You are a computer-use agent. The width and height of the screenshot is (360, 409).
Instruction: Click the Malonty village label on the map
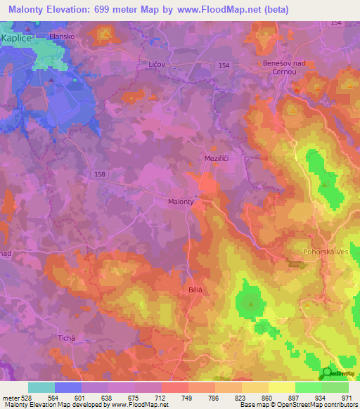181,202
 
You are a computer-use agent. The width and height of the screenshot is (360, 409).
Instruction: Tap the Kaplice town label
17,39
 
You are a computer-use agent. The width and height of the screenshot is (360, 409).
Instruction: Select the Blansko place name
62,35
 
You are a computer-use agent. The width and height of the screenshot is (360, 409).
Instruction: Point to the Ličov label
157,65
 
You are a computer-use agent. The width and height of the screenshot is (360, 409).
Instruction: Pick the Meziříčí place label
216,159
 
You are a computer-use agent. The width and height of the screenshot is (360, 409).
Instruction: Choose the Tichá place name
66,339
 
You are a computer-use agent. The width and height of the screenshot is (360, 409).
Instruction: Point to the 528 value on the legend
28,397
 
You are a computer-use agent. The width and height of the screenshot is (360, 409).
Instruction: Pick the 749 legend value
188,397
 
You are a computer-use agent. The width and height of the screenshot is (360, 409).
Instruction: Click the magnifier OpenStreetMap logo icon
326,373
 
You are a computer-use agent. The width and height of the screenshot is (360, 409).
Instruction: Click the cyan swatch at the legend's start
41,387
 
